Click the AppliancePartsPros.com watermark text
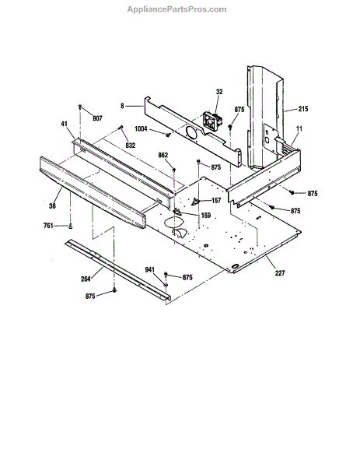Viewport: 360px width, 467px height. (177, 9)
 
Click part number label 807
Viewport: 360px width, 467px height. (97, 118)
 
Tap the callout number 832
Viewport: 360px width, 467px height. (131, 145)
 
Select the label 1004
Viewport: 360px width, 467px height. (141, 129)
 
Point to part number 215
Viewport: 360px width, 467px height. (303, 109)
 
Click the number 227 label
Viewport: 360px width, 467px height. (280, 273)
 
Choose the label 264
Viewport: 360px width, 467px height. (86, 279)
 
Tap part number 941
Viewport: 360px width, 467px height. (149, 269)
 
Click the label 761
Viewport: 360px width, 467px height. (48, 226)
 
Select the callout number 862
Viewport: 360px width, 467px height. (163, 155)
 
